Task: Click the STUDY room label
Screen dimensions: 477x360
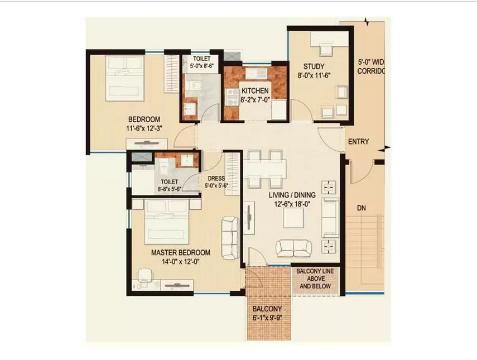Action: coord(314,66)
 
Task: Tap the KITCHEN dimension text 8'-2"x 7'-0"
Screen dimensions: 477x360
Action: coord(255,99)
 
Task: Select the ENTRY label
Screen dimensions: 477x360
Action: coord(358,142)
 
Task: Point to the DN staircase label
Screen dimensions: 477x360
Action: coord(362,208)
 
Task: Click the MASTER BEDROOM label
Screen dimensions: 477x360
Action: coord(181,253)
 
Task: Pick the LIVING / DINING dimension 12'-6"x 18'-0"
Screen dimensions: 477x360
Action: coord(292,204)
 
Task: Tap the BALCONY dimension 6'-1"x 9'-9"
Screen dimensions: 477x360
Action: coord(267,318)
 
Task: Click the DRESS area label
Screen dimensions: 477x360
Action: coord(216,179)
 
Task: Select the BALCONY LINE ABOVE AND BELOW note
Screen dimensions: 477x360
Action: coord(315,279)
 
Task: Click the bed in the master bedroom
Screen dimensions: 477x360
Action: coord(166,222)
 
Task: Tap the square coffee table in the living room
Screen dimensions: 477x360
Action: coord(293,218)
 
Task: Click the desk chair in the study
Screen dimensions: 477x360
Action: coord(325,49)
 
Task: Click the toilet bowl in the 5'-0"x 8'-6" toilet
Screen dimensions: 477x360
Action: coord(193,85)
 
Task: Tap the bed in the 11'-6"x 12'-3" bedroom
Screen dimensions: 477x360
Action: coord(124,78)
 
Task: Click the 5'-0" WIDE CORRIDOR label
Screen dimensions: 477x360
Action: coord(370,66)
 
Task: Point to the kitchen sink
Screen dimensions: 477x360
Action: coord(257,74)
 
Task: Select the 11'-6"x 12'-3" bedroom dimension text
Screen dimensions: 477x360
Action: coord(144,129)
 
